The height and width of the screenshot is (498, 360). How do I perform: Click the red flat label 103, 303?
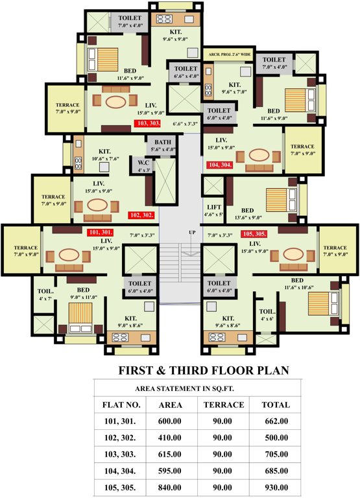coord(147,123)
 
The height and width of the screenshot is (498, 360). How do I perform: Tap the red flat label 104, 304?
coord(220,165)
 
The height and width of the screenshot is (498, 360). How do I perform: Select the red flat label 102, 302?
coord(142,215)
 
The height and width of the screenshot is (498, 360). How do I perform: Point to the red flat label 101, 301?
coord(101,232)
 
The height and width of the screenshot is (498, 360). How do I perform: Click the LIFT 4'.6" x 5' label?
coord(214,210)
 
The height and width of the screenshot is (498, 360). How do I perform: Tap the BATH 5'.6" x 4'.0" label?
coord(161,145)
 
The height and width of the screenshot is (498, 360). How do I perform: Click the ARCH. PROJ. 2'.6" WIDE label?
coord(229,54)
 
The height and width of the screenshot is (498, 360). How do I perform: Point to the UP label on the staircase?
coord(191,232)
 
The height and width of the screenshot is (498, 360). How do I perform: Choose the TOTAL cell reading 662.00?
coord(275,421)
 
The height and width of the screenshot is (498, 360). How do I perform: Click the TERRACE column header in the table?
coord(223,405)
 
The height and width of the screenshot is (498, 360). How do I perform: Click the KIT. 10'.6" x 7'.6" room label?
coord(105,155)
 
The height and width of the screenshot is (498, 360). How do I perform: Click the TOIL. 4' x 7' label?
coord(45,295)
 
